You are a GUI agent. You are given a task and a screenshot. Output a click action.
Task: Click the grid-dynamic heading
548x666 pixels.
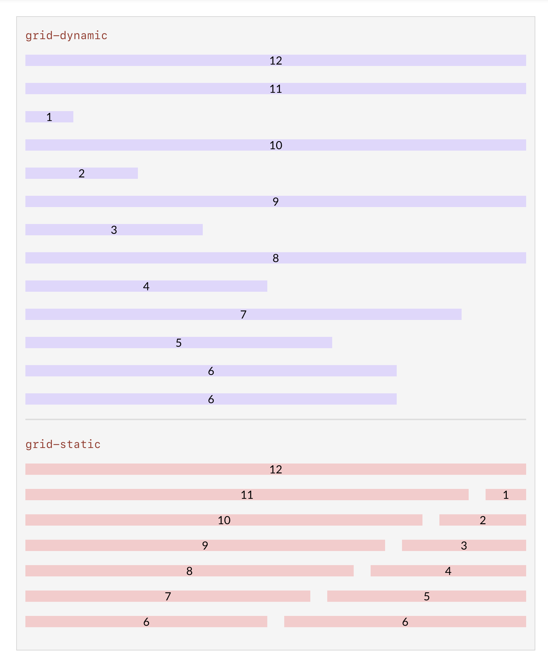pyautogui.click(x=66, y=36)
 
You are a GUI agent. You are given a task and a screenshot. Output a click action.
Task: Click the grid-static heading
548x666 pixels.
pyautogui.click(x=63, y=444)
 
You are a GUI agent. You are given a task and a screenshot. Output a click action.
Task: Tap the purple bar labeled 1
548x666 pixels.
pyautogui.click(x=49, y=117)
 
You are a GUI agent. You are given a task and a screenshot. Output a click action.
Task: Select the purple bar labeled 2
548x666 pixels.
pyautogui.click(x=81, y=173)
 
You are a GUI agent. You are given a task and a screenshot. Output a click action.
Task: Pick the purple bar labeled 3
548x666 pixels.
pyautogui.click(x=114, y=230)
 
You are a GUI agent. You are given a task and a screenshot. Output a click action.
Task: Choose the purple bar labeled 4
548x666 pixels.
pyautogui.click(x=146, y=286)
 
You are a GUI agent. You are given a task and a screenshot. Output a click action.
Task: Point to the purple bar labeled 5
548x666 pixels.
pyautogui.click(x=178, y=343)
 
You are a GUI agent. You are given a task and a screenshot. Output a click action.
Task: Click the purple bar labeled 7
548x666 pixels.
pyautogui.click(x=243, y=314)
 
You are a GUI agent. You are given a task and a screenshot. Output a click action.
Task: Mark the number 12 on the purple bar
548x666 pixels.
pyautogui.click(x=276, y=61)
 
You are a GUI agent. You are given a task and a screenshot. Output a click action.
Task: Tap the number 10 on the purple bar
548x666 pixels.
pyautogui.click(x=276, y=145)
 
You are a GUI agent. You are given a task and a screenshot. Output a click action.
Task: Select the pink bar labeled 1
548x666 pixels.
pyautogui.click(x=506, y=495)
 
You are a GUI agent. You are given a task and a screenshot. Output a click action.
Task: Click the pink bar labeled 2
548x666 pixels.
pyautogui.click(x=483, y=520)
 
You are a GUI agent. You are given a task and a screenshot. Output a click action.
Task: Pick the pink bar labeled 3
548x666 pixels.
pyautogui.click(x=464, y=545)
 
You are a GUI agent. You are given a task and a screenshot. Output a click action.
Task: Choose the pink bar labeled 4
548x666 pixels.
pyautogui.click(x=448, y=571)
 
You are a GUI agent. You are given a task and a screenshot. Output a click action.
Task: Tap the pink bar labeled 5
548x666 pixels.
pyautogui.click(x=427, y=596)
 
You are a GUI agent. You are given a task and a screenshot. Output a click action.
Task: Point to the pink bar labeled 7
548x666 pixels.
pyautogui.click(x=168, y=596)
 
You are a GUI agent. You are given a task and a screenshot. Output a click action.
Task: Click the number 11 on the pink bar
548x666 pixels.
pyautogui.click(x=247, y=495)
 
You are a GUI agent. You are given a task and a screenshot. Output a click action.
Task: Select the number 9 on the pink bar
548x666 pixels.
pyautogui.click(x=205, y=546)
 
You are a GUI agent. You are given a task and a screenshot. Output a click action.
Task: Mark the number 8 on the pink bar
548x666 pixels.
pyautogui.click(x=189, y=571)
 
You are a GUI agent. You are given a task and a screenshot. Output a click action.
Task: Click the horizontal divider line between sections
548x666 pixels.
pyautogui.click(x=276, y=419)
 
